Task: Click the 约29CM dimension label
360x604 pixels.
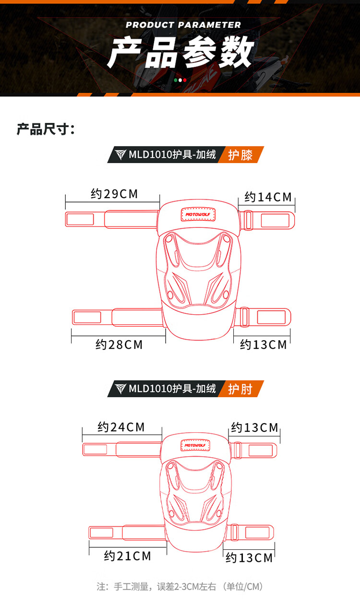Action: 114,194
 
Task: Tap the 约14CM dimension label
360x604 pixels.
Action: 268,197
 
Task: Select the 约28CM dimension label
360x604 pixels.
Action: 119,344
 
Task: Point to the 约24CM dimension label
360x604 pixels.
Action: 121,427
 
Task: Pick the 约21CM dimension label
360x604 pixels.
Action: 127,556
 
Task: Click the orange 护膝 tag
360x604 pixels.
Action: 240,155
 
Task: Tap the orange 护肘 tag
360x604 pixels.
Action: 240,389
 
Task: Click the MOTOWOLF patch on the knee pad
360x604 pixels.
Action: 198,214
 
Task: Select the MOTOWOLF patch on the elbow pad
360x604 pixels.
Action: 195,446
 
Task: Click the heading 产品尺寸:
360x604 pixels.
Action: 46,129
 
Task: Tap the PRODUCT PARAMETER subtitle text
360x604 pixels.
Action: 183,25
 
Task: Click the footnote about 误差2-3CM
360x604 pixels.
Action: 180,586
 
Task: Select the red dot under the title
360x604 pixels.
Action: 185,80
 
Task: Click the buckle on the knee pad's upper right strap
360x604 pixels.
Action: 249,220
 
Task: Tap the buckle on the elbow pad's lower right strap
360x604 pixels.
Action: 235,533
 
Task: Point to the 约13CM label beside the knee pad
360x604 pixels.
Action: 263,344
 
